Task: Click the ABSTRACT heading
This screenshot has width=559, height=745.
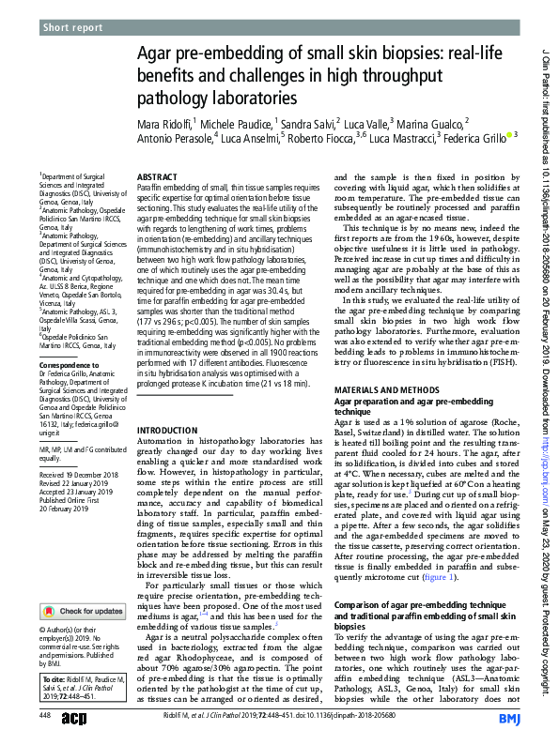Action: point(157,176)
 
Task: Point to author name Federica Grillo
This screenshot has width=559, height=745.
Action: point(474,138)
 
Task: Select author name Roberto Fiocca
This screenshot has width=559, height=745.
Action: point(318,138)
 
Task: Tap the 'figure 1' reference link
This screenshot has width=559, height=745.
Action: point(439,578)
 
